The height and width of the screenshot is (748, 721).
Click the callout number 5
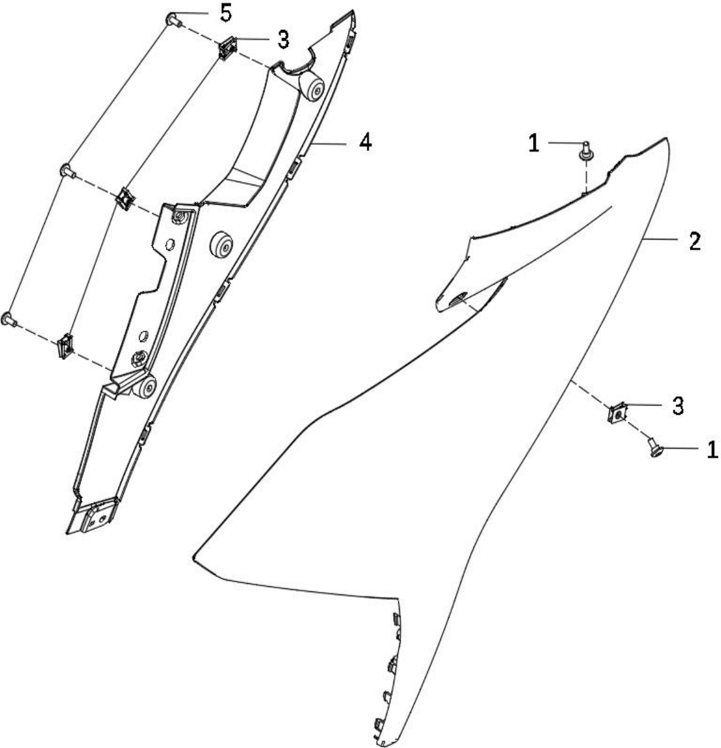(226, 13)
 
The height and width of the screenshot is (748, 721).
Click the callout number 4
(365, 142)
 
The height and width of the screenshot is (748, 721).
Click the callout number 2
(695, 241)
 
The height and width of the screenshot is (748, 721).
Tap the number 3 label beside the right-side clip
(678, 406)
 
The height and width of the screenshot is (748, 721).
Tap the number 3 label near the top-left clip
(283, 39)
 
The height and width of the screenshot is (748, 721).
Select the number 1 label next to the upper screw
(534, 143)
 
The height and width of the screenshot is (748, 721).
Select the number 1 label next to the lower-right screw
(712, 449)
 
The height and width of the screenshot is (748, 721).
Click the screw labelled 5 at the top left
(173, 20)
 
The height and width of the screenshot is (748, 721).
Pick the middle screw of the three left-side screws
(68, 170)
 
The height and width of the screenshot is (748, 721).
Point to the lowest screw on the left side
(9, 319)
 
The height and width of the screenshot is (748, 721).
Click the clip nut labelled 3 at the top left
(228, 48)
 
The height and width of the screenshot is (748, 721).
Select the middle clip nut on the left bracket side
(126, 198)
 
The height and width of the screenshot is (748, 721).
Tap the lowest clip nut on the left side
(65, 346)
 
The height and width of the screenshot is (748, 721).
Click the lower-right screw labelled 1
(656, 447)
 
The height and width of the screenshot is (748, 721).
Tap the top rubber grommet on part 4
(312, 88)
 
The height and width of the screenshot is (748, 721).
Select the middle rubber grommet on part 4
(222, 245)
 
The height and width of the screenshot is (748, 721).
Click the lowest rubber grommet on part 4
(145, 387)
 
